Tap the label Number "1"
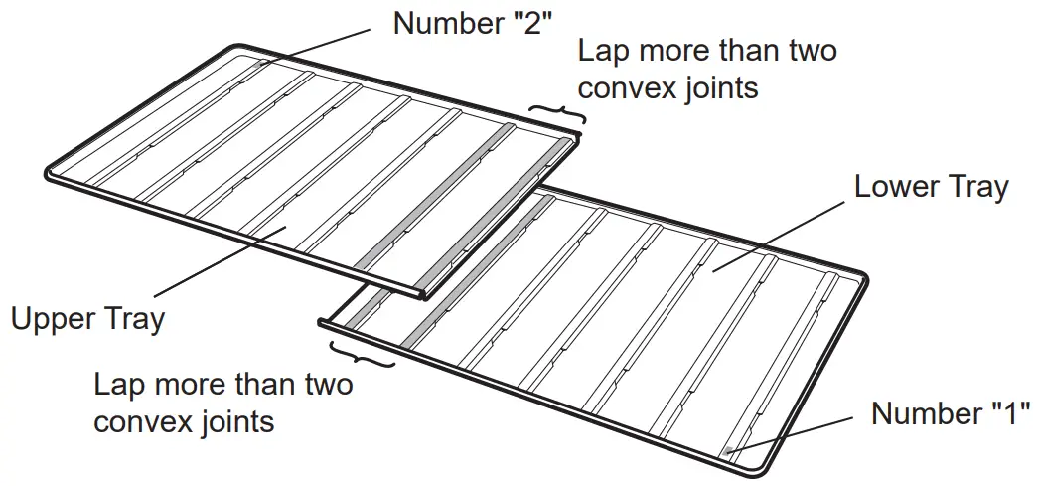[951, 412]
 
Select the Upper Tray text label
[87, 320]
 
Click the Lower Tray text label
[931, 186]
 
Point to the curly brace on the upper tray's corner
[558, 112]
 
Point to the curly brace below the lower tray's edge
[362, 352]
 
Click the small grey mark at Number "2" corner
[260, 65]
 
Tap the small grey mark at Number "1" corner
[729, 450]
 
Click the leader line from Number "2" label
[318, 45]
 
